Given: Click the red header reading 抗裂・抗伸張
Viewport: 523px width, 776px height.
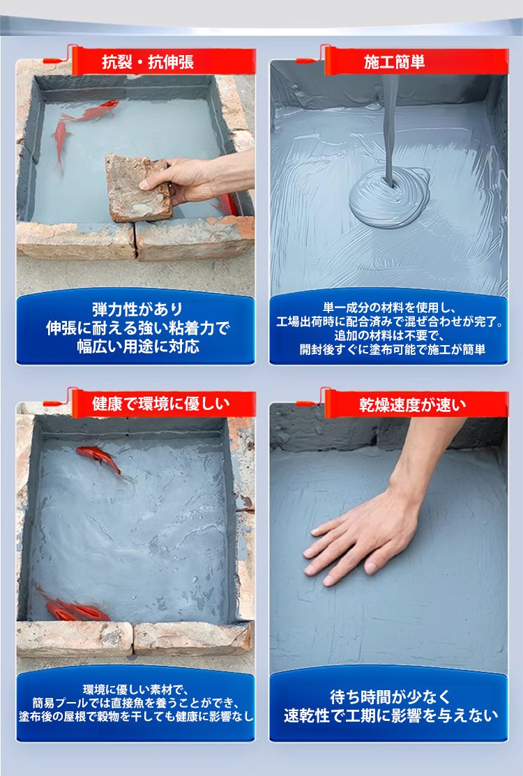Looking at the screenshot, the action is (x=148, y=62).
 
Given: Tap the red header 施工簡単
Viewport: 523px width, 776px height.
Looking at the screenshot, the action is (x=395, y=62).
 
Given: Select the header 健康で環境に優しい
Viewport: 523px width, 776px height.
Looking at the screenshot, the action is (x=161, y=404).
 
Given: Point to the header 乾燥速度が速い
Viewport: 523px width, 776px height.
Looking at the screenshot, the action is (x=413, y=405).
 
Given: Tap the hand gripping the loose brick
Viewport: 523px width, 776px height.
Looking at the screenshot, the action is (x=198, y=178).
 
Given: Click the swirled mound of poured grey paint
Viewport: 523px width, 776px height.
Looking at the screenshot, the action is (x=389, y=197).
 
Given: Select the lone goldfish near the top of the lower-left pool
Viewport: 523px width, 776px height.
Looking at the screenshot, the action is (x=100, y=458).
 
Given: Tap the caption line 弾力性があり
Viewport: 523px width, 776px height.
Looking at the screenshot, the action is (x=137, y=310).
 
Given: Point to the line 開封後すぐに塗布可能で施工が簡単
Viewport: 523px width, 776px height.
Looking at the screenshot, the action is (x=393, y=349).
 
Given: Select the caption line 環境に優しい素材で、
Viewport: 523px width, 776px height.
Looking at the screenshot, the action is (x=135, y=690).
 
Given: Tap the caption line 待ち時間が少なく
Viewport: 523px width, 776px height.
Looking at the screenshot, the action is (x=391, y=697).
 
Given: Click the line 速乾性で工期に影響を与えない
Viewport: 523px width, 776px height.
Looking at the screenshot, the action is (x=391, y=715).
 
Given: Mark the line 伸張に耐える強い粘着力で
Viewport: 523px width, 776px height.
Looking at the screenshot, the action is (x=138, y=328).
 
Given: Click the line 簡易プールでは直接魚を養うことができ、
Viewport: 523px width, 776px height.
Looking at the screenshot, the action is (x=136, y=703).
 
